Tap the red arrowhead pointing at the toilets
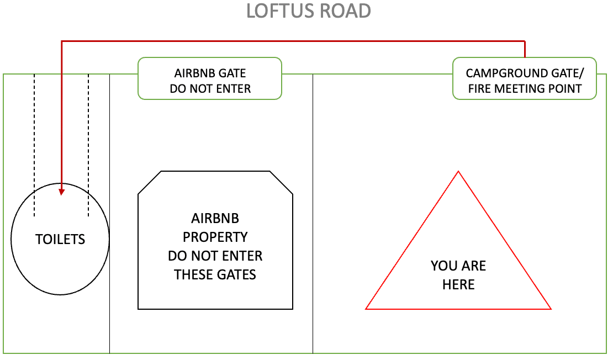(61, 192)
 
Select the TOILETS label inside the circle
(60, 239)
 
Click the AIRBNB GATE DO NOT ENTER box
(210, 78)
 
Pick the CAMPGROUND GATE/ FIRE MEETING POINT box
(524, 78)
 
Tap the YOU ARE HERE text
(458, 275)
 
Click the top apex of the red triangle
(458, 172)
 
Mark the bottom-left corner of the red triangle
(367, 309)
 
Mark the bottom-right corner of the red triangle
(550, 309)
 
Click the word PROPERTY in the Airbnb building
(215, 237)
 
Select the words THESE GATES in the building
(215, 274)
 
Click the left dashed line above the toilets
(34, 144)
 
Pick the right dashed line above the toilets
(88, 144)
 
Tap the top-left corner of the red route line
(61, 41)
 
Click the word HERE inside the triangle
(458, 285)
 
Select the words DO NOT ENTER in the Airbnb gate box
(210, 88)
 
